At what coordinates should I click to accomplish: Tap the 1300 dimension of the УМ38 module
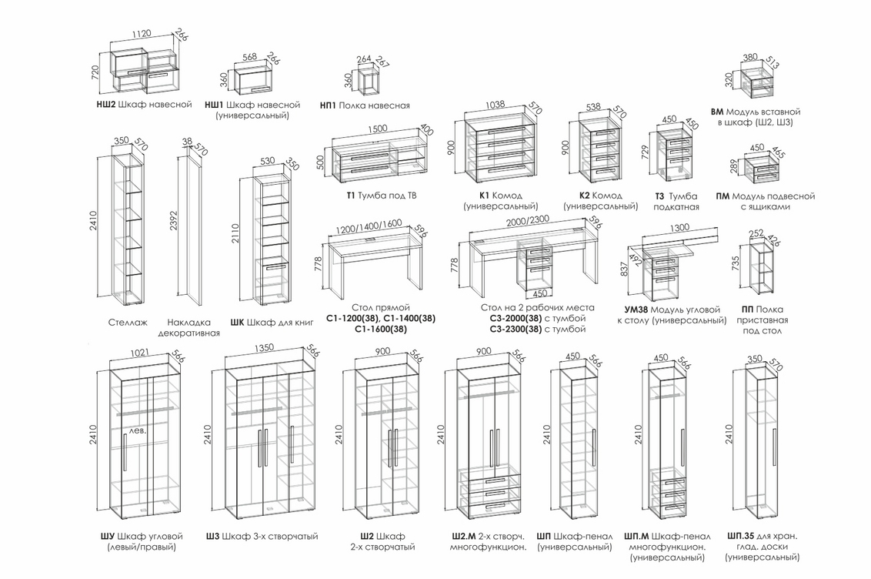click(x=679, y=229)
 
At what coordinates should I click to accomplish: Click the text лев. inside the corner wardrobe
click(x=137, y=430)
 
